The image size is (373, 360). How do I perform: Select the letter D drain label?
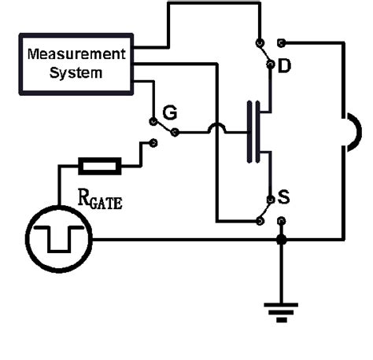tap(285, 68)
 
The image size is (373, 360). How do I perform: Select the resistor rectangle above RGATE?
tap(99, 166)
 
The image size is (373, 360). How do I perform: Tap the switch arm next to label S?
tap(267, 208)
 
